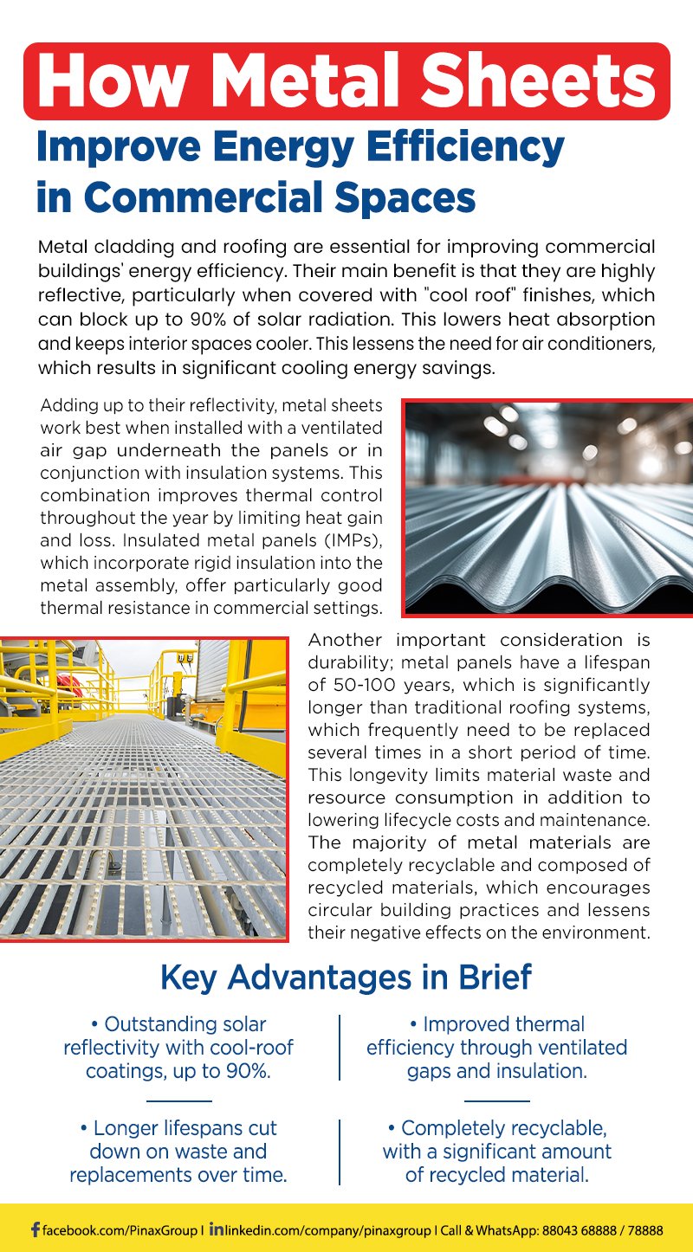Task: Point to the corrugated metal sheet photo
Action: [547, 507]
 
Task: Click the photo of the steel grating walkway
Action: [144, 789]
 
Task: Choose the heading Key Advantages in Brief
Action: [346, 978]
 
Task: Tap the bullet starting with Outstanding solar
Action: [178, 1048]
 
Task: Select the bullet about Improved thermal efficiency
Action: [497, 1048]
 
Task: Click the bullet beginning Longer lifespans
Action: [178, 1152]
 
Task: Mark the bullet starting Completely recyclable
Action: [497, 1152]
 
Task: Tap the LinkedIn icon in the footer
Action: [217, 1229]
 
